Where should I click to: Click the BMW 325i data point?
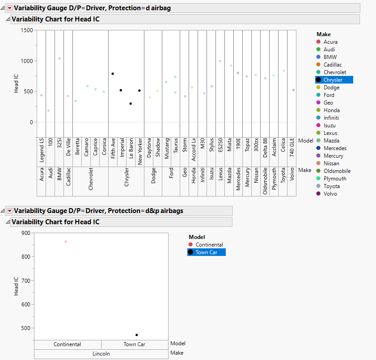coord(59,59)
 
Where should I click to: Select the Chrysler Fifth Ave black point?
coord(113,74)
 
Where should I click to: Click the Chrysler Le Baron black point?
coord(131,104)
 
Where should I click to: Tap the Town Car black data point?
coord(137,335)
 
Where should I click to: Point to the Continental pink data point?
coord(66,242)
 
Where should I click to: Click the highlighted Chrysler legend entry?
coord(334,80)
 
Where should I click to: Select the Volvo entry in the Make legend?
coord(330,194)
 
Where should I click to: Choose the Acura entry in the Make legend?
coord(330,42)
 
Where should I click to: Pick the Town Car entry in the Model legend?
coord(206,252)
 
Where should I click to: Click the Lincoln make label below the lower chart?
coord(101,354)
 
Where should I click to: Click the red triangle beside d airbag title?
coord(9,8)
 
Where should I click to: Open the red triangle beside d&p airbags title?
coord(9,211)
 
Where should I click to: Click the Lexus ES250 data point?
coord(220,61)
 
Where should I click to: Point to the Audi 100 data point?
coord(48,111)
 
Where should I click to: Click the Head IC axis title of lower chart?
coord(16,286)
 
